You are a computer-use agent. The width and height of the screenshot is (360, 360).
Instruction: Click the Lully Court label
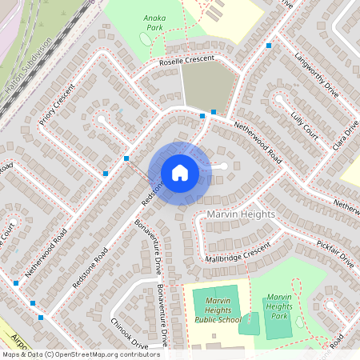[x=305, y=126]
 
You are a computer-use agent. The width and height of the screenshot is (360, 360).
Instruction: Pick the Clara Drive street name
[x=348, y=132]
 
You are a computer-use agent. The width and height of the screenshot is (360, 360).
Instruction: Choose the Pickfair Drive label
[x=336, y=252]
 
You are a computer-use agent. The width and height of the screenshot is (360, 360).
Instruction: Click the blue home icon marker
[x=180, y=172]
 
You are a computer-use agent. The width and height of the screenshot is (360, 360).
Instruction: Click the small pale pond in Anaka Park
[x=145, y=39]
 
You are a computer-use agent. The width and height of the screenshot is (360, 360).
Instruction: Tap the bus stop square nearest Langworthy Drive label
[x=270, y=46]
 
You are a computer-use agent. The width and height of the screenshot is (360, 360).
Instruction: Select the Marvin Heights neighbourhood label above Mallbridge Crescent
[x=241, y=215]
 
